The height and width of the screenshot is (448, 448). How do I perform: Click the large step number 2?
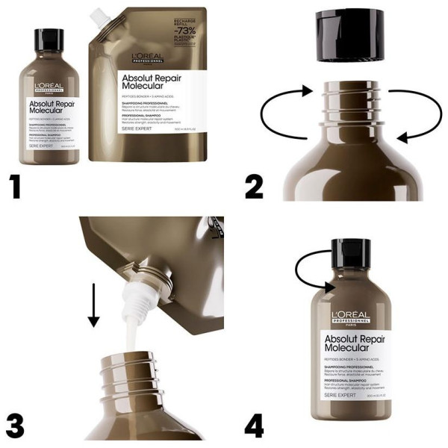pyautogui.click(x=254, y=184)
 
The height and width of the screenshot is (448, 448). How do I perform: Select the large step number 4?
pyautogui.click(x=255, y=423)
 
